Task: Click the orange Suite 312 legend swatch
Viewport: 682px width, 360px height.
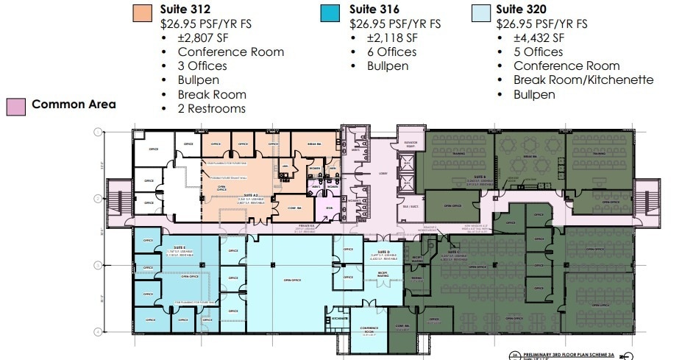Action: (143, 13)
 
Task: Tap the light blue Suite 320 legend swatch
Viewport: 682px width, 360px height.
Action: (480, 13)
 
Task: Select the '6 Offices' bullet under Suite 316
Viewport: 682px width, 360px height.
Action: (392, 52)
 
